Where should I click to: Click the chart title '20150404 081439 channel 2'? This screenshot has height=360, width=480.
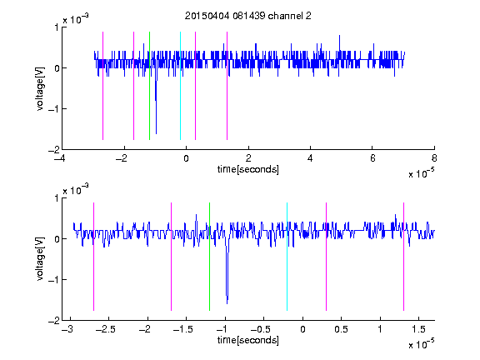click(x=248, y=16)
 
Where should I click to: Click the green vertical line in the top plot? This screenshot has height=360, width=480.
click(x=149, y=86)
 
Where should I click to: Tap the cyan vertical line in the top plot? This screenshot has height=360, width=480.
click(x=180, y=86)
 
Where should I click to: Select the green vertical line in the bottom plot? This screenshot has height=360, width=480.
click(x=209, y=257)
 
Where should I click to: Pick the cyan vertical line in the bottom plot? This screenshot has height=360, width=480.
click(x=287, y=257)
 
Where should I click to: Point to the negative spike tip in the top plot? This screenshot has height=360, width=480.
click(x=156, y=133)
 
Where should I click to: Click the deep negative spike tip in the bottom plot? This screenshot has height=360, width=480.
click(x=227, y=303)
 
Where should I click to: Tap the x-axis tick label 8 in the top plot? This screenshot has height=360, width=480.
click(x=434, y=158)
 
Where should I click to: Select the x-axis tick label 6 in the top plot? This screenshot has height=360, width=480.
click(x=372, y=158)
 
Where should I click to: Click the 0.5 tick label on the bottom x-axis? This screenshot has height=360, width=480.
click(x=341, y=329)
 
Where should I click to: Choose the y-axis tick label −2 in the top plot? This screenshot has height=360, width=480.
click(x=53, y=150)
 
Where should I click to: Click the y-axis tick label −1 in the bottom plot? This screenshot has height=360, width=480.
click(x=53, y=279)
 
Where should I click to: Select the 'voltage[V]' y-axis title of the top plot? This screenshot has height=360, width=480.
click(x=40, y=89)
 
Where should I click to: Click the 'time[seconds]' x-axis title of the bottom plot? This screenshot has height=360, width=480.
click(x=248, y=340)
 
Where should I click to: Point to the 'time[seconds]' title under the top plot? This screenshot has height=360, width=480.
click(x=248, y=169)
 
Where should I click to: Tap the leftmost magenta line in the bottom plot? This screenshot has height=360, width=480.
click(x=93, y=257)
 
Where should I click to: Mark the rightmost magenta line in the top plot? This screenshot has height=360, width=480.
click(x=227, y=86)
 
